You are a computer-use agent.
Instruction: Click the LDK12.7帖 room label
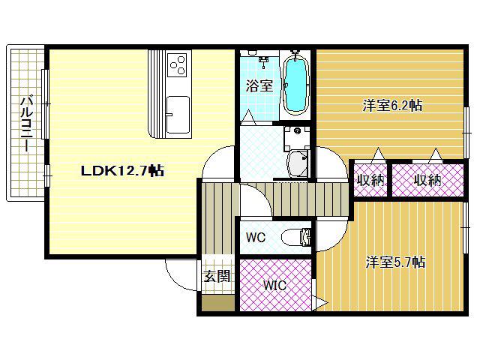pos(122,170)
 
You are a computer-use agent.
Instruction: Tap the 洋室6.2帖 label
pos(392,106)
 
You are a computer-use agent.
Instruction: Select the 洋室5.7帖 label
pos(395,262)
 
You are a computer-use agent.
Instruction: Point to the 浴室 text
pos(259,85)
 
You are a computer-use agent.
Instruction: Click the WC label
pos(256,237)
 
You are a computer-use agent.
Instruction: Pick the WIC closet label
pos(275,285)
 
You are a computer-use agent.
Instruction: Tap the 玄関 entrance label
pos(217,277)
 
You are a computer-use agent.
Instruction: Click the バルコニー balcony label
pos(27,124)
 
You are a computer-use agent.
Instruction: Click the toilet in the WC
pos(296,237)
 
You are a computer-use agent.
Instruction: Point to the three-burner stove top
pos(178,65)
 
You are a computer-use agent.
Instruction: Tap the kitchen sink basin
pos(178,115)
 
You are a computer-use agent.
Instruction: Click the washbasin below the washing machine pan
pos(298,163)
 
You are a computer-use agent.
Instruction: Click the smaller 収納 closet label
pos(370,181)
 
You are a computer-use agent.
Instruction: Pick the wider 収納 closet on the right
pos(428,180)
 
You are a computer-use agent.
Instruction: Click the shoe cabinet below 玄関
pos(218,303)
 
